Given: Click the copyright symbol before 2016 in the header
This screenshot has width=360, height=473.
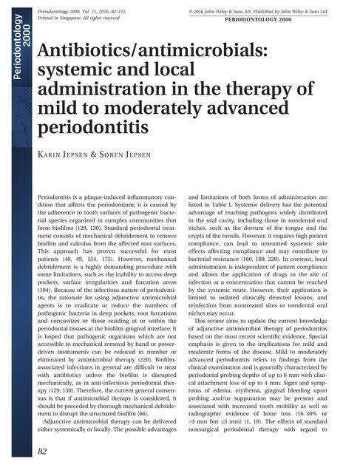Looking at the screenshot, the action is pos(191,13).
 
